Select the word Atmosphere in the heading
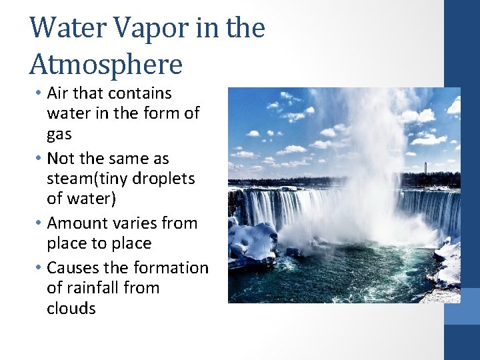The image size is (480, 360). [105, 65]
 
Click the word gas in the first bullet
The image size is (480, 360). [59, 134]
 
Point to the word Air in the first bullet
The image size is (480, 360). [58, 93]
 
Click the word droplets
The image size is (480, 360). [163, 179]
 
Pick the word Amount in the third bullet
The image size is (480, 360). [77, 223]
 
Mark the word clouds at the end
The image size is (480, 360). [71, 309]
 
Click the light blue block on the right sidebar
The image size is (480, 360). [461, 306]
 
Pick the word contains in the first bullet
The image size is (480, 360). [141, 93]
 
